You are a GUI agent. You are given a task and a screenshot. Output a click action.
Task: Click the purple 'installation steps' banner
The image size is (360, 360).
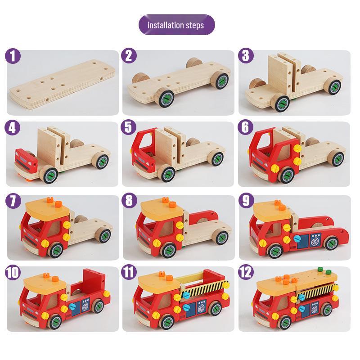point(176,25)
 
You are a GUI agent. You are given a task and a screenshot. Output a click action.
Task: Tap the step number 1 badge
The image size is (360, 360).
point(13,56)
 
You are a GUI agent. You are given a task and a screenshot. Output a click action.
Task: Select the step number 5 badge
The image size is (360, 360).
point(129,128)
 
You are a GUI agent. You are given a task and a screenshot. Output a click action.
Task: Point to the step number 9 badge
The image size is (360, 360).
point(245,201)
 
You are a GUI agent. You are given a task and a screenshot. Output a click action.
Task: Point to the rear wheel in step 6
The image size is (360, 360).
point(335,157)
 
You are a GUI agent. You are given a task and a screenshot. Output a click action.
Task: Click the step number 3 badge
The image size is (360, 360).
point(245,56)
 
